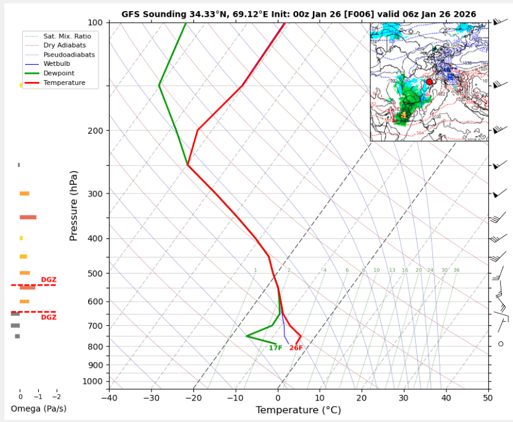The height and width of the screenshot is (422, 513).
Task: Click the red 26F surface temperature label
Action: [x=296, y=348]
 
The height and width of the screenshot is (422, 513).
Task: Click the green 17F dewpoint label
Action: [x=275, y=348]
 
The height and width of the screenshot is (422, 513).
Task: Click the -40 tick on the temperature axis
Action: [x=109, y=398]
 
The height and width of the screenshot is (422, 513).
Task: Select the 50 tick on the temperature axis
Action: [x=488, y=398]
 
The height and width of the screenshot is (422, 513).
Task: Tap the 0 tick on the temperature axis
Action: [x=278, y=398]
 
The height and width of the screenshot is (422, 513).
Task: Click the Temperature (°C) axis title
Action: [x=298, y=410]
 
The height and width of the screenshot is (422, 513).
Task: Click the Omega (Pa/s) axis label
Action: [x=39, y=408]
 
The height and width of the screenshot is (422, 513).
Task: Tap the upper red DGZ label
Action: [x=49, y=280]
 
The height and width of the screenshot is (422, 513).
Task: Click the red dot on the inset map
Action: [x=429, y=81]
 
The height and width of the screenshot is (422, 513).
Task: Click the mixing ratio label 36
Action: [x=456, y=270]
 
